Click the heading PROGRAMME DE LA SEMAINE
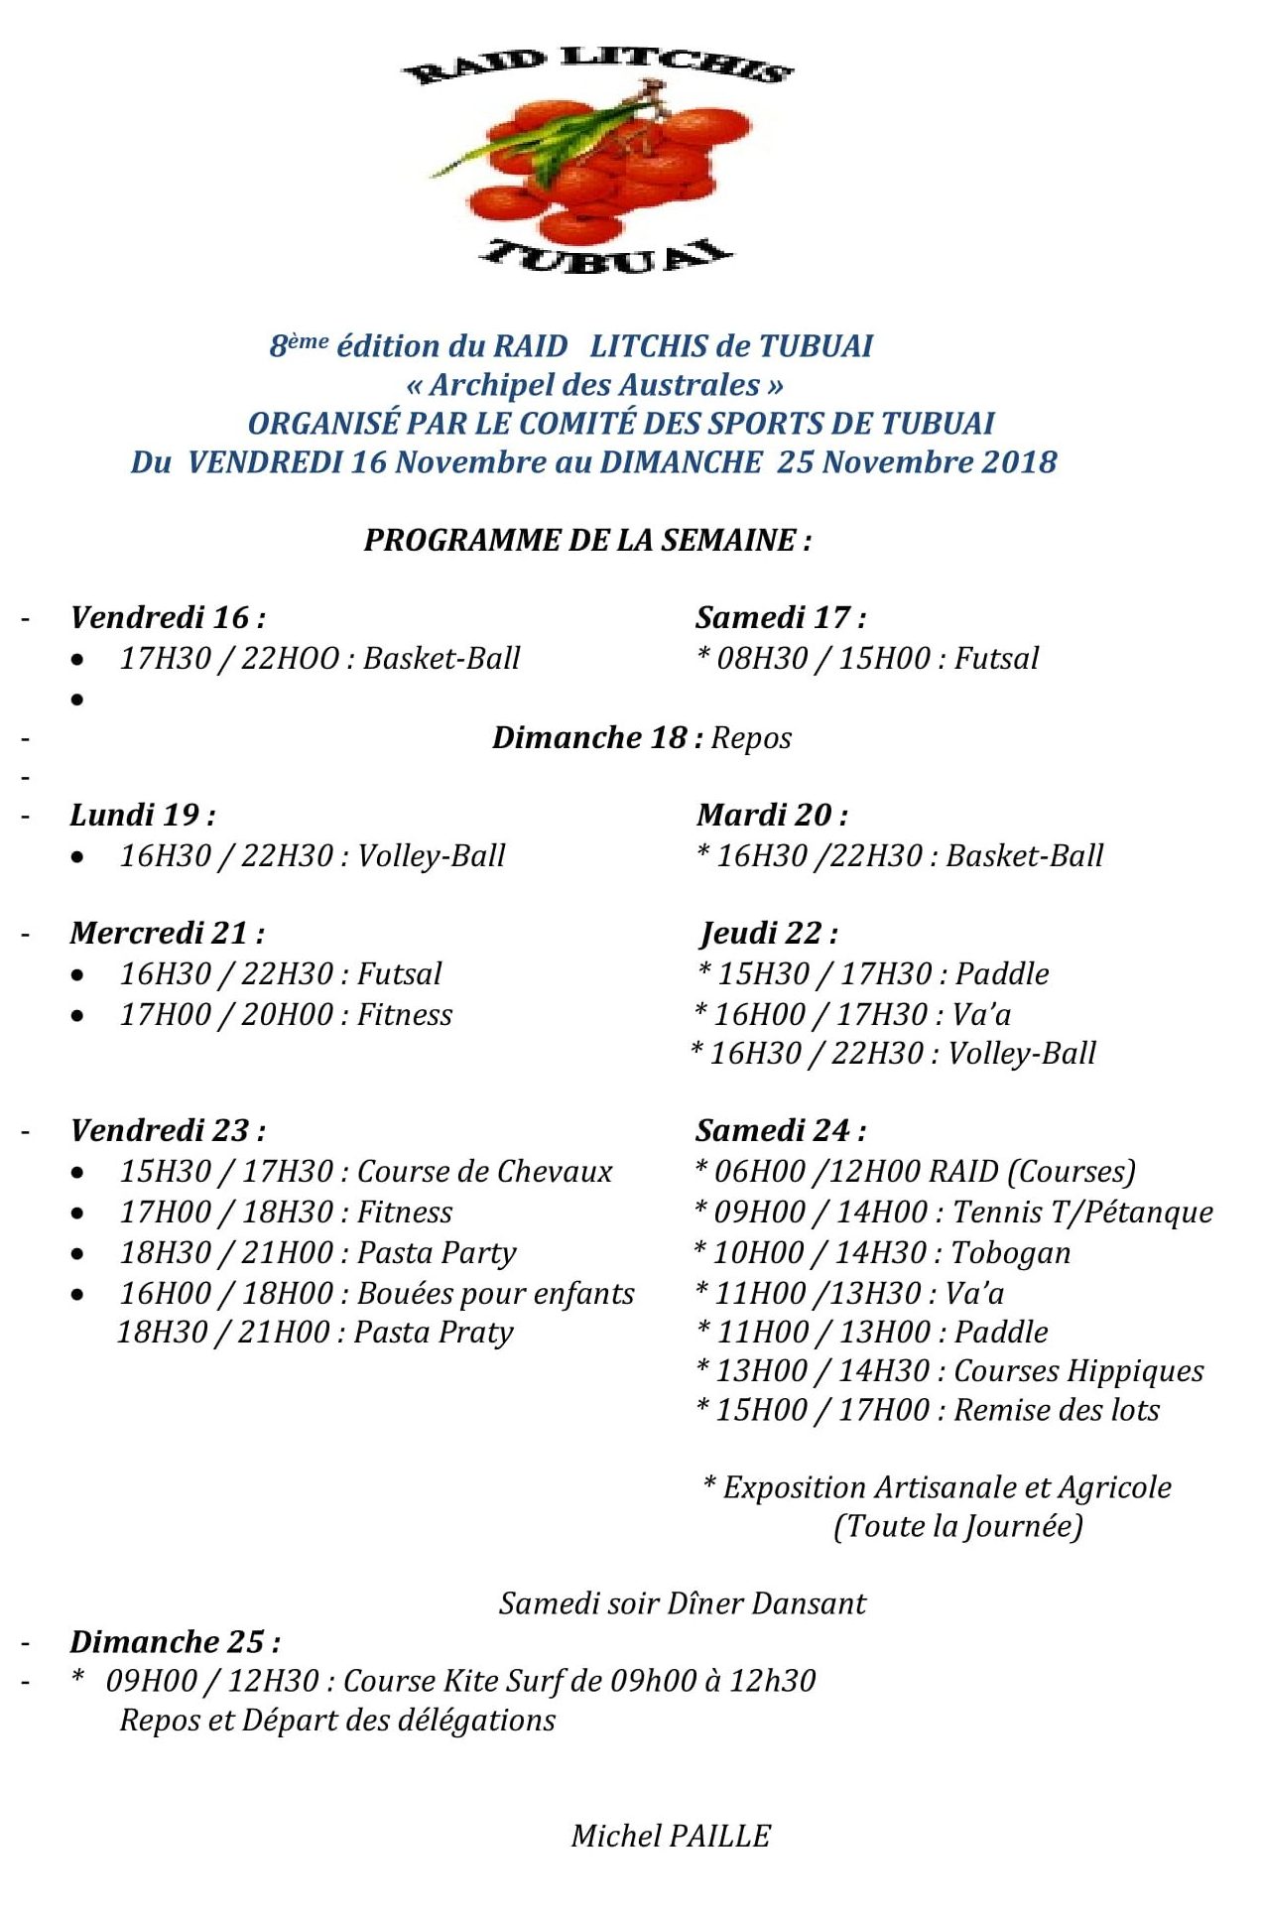pyautogui.click(x=587, y=540)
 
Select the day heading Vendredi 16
pyautogui.click(x=168, y=617)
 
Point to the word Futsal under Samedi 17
pyautogui.click(x=996, y=658)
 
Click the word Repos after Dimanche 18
pyautogui.click(x=751, y=738)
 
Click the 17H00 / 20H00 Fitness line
pyautogui.click(x=286, y=1014)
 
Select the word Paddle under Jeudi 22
pyautogui.click(x=1002, y=973)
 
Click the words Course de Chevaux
pyautogui.click(x=485, y=1171)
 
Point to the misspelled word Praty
pyautogui.click(x=478, y=1332)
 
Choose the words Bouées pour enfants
pyautogui.click(x=495, y=1293)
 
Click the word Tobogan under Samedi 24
pyautogui.click(x=1011, y=1252)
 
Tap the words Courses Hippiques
pyautogui.click(x=1078, y=1370)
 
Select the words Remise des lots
pyautogui.click(x=1057, y=1410)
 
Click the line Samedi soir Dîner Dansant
pyautogui.click(x=683, y=1603)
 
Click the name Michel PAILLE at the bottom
pyautogui.click(x=671, y=1836)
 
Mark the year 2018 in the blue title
pyautogui.click(x=1019, y=461)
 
